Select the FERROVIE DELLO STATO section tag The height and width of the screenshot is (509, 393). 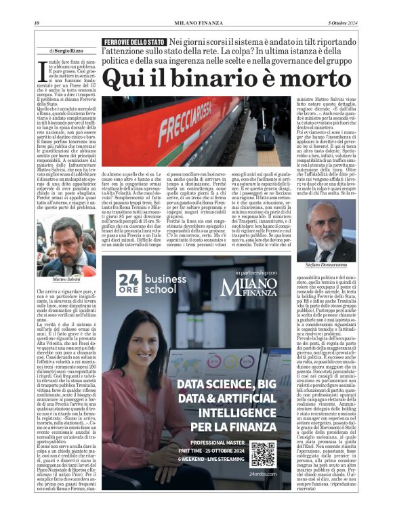click(x=125, y=43)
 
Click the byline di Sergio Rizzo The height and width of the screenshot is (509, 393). click(x=67, y=51)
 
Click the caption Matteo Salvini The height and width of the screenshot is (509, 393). click(x=66, y=279)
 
